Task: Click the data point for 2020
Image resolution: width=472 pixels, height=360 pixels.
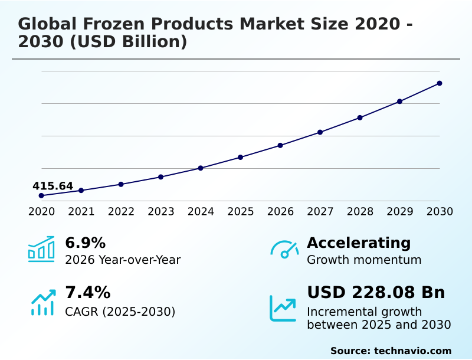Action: [x=41, y=195]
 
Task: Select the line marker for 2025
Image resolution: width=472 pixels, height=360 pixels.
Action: [x=241, y=157]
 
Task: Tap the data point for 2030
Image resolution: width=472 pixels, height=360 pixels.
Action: [x=440, y=83]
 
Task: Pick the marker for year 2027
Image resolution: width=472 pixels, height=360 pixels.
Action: [x=320, y=132]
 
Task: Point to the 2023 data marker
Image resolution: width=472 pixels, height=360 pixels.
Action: [x=161, y=177]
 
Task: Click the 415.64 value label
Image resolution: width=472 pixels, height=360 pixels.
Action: [x=53, y=186]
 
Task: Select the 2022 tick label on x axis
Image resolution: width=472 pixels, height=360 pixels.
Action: [x=121, y=212]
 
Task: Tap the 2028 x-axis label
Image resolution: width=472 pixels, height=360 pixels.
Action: [x=360, y=212]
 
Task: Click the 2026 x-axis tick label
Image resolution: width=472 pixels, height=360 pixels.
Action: [x=280, y=212]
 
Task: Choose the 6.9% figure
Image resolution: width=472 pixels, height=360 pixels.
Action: [x=85, y=243]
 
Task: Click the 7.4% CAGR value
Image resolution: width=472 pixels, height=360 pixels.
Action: [x=87, y=293]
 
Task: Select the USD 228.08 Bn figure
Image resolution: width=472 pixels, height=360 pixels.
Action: [x=376, y=293]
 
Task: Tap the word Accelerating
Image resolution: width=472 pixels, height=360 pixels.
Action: [x=359, y=243]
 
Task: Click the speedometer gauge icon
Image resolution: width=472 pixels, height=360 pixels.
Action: [x=284, y=250]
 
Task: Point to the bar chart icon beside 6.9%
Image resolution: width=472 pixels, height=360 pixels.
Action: [x=41, y=250]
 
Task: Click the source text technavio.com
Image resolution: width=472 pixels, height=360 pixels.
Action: [x=412, y=351]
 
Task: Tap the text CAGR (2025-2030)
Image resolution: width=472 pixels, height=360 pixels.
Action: [x=120, y=312]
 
